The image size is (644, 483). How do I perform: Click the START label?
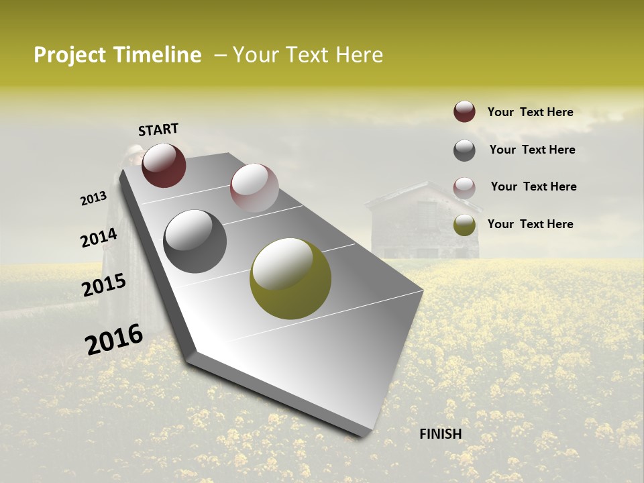[x=158, y=129]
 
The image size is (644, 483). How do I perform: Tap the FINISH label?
[x=441, y=434]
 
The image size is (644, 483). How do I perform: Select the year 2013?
[x=94, y=198]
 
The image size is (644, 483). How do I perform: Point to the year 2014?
[x=99, y=238]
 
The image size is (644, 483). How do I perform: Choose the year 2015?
[x=104, y=285]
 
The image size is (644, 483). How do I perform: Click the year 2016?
[x=114, y=339]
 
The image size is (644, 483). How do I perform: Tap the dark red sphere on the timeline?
[x=164, y=165]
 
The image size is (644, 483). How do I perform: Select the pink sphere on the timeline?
[x=254, y=188]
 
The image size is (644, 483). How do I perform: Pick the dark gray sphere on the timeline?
[x=195, y=241]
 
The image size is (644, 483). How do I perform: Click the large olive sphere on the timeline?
[x=290, y=278]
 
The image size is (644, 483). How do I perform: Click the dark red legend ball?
[x=464, y=112]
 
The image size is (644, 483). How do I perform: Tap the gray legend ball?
[x=464, y=150]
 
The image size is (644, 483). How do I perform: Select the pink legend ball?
[x=464, y=187]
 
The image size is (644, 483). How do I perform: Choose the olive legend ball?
[x=464, y=225]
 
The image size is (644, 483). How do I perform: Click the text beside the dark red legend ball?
[x=530, y=112]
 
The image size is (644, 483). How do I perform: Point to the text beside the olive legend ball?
[x=530, y=224]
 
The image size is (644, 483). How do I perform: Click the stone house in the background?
[x=423, y=221]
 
